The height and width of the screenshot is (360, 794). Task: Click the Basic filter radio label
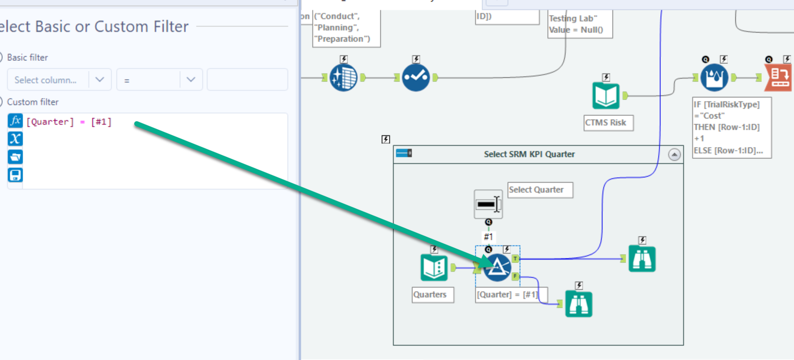[x=27, y=57]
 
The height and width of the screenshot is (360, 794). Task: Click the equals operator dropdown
[x=159, y=80]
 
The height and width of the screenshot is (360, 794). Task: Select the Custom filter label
[x=33, y=102]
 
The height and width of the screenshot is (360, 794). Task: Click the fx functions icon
[x=16, y=121]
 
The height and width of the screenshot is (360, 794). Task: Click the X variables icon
[x=16, y=139]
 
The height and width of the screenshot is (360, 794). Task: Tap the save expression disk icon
[x=16, y=175]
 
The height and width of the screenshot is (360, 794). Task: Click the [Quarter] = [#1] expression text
[x=69, y=122]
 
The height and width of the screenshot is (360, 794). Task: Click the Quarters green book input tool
[x=434, y=267]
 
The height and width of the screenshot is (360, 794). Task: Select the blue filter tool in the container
[x=497, y=267]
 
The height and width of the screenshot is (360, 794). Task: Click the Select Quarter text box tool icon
[x=488, y=204]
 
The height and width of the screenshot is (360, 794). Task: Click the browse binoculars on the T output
[x=642, y=259]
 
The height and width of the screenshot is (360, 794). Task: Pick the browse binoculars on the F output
[x=578, y=304]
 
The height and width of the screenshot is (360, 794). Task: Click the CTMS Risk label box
[x=608, y=123]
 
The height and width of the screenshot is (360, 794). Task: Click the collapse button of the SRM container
[x=674, y=155]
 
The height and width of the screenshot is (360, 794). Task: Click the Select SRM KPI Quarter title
[x=529, y=154]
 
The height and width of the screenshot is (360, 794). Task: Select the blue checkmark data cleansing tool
[x=416, y=77]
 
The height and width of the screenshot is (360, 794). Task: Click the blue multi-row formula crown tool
[x=714, y=77]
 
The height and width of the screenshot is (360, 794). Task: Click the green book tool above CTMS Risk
[x=606, y=96]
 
